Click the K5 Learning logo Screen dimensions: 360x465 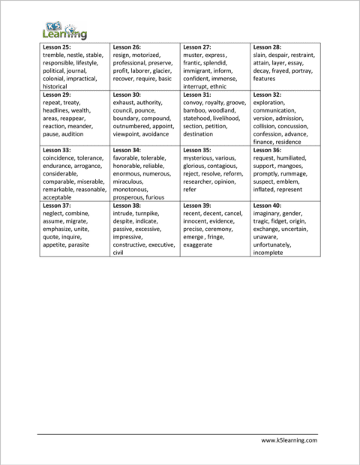(x=64, y=28)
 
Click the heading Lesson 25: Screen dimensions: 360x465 (x=57, y=47)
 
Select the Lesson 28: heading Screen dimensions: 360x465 (x=268, y=47)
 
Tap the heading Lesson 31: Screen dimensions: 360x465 (x=197, y=95)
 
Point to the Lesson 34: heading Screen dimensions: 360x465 (x=127, y=150)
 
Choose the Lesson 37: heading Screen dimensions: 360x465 (x=57, y=205)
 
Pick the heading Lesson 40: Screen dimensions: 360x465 (x=268, y=205)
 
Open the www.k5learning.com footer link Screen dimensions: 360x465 (x=289, y=441)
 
